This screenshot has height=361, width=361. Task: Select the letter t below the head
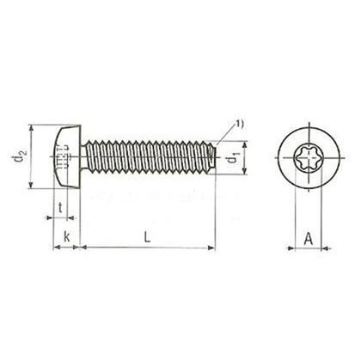point(59,207)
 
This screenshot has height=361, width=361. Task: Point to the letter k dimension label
point(66,236)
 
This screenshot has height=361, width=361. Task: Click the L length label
point(147,236)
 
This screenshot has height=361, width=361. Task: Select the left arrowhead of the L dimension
point(85,249)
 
